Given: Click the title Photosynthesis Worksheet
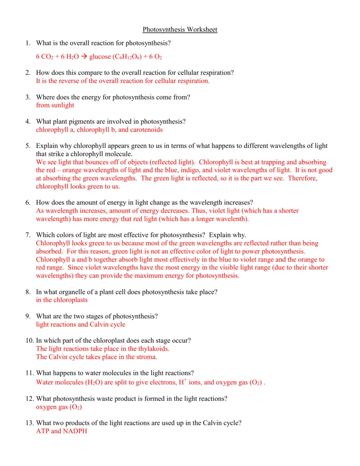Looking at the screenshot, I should [x=180, y=30].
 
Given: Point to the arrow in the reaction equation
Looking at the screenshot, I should [x=84, y=57].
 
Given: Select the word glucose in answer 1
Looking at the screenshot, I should [x=100, y=57].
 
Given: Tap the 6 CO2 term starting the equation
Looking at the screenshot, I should [x=44, y=57].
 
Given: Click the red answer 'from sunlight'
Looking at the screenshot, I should [x=55, y=105].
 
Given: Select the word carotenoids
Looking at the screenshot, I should [x=147, y=130].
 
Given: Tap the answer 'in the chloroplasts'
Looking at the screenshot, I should [x=61, y=300].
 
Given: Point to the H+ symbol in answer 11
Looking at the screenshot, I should [x=184, y=382].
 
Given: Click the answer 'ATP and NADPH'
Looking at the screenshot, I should [x=61, y=431].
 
